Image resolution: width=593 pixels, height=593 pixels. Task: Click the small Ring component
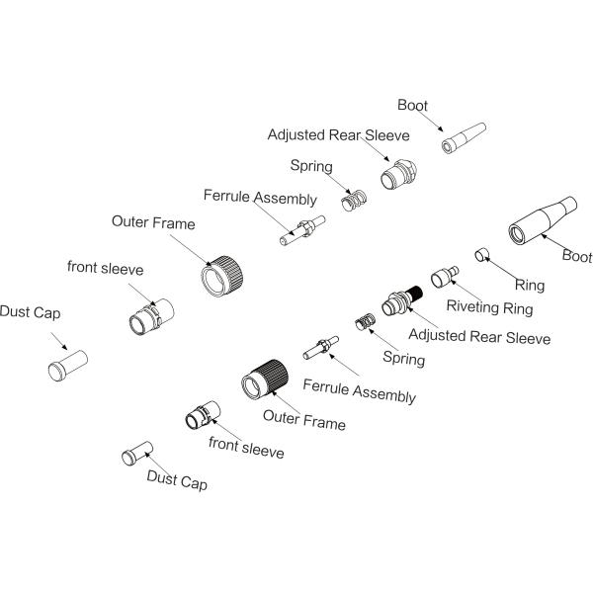click(483, 255)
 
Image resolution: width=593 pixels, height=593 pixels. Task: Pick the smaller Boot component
click(464, 139)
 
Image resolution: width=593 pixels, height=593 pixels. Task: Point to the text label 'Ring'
click(529, 286)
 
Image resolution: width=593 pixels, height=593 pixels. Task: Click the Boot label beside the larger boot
click(576, 255)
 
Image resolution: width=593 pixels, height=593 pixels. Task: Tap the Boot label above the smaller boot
click(413, 104)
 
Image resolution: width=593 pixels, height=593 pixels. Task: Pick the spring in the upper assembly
click(353, 202)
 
